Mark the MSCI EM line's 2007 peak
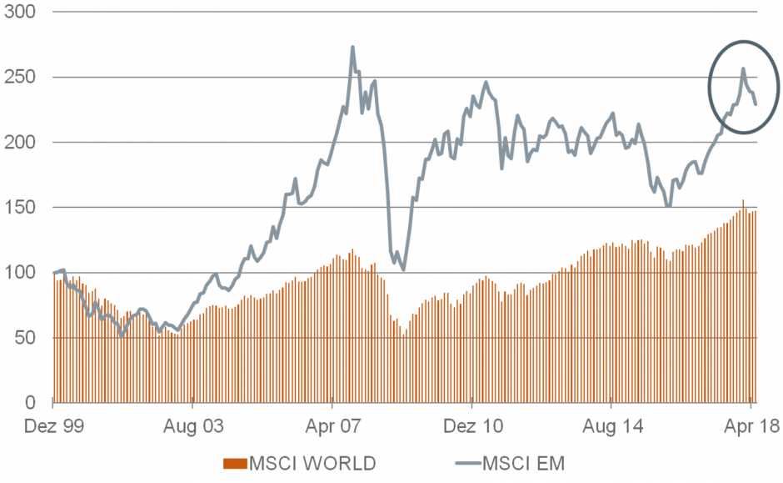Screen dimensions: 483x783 [x=352, y=47]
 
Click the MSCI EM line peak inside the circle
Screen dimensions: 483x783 [x=744, y=68]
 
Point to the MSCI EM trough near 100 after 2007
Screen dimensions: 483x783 [x=403, y=269]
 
